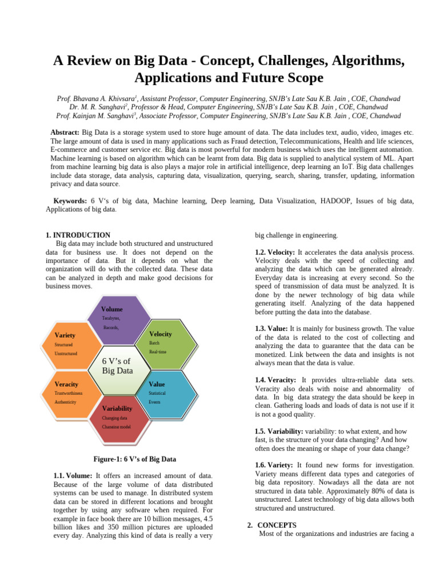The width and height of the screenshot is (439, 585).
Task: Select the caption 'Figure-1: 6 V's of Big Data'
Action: (134, 459)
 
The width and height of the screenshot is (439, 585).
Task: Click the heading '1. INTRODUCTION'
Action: (78, 235)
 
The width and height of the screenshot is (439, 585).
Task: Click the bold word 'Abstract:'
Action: (66, 132)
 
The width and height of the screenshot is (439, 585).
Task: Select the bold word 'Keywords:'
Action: (70, 201)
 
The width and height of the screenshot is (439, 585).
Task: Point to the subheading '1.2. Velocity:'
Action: (275, 252)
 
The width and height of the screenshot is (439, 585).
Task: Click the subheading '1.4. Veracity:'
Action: (276, 379)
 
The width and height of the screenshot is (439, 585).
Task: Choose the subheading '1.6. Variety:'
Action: (274, 466)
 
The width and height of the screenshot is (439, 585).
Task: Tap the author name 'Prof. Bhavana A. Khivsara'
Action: (97, 99)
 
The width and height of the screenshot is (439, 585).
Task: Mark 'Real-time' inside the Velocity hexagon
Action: (158, 352)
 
